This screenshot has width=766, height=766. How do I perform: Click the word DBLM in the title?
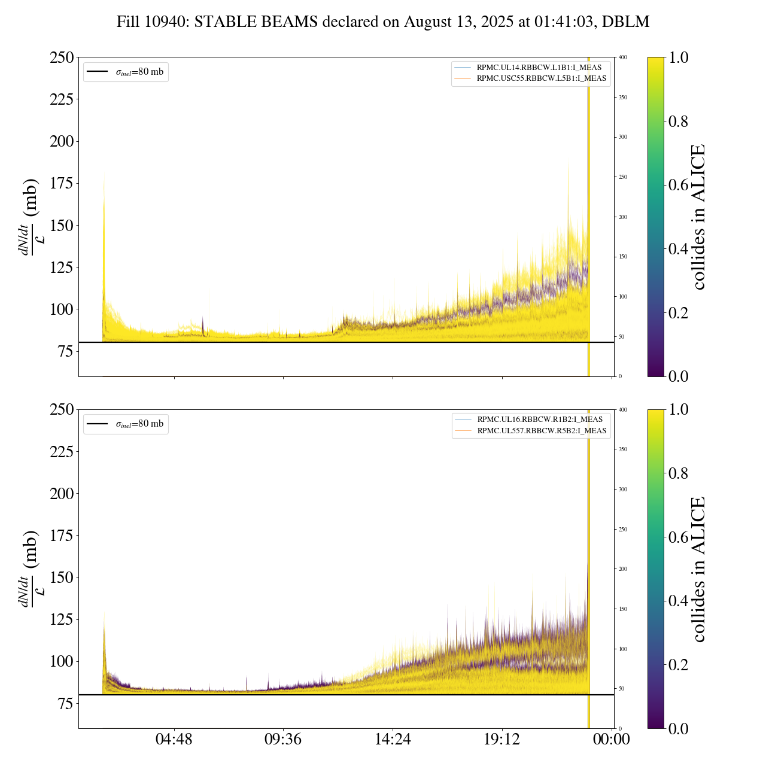(x=625, y=22)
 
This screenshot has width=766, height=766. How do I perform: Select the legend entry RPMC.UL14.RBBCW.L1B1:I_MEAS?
(x=539, y=68)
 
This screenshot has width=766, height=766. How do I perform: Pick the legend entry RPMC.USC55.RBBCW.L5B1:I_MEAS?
(x=541, y=78)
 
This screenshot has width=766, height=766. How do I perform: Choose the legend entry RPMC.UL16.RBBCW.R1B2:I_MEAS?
(x=539, y=420)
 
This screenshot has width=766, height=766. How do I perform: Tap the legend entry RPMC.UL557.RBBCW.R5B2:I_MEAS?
(x=542, y=431)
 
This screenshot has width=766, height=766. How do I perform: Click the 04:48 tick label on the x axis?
(x=174, y=740)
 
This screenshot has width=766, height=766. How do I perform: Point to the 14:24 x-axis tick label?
(x=393, y=740)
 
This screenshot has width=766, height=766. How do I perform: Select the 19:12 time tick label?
(x=502, y=740)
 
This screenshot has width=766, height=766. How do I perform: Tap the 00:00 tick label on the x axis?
(x=612, y=740)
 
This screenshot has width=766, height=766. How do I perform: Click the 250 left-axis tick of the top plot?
(x=62, y=58)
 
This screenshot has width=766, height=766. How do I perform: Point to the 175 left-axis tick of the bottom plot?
(x=62, y=536)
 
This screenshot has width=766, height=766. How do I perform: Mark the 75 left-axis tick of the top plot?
(x=66, y=351)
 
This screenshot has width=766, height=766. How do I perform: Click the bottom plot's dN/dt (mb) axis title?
(x=30, y=569)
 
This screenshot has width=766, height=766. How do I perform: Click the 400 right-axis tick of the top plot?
(x=623, y=57)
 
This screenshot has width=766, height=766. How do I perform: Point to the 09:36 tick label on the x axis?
(x=283, y=740)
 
